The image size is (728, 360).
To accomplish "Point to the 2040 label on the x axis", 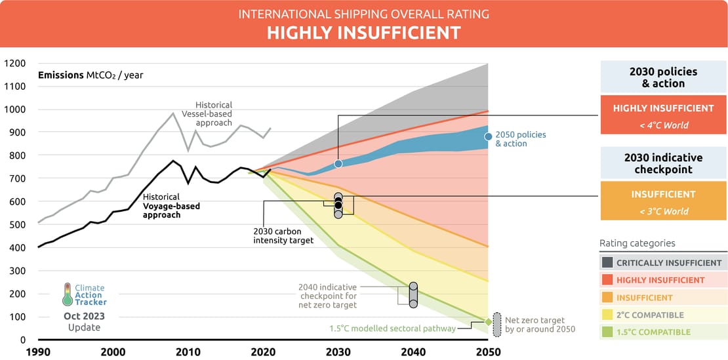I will (413, 351).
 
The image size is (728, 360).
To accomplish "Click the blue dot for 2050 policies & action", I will (488, 136).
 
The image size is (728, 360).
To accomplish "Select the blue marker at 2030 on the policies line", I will (338, 163).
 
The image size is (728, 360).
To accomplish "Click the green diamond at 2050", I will (488, 322).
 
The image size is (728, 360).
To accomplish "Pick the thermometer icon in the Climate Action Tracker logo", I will (67, 294).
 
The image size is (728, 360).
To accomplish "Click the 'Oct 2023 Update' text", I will (84, 321).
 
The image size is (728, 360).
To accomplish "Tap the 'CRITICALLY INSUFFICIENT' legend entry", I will (663, 262).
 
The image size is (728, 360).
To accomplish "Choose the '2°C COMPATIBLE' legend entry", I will (663, 315).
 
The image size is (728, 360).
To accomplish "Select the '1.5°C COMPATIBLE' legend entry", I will (663, 332).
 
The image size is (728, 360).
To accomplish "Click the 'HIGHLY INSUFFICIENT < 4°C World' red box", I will (663, 115).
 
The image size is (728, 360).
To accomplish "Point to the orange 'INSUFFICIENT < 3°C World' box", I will (663, 201).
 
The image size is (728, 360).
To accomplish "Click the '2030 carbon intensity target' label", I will (283, 235).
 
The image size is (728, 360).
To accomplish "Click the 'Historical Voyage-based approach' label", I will (172, 206).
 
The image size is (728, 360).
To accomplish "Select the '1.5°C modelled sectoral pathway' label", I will (392, 329).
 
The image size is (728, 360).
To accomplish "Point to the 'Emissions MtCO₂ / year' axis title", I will (91, 75).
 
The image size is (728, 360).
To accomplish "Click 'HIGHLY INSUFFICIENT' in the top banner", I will (363, 33).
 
